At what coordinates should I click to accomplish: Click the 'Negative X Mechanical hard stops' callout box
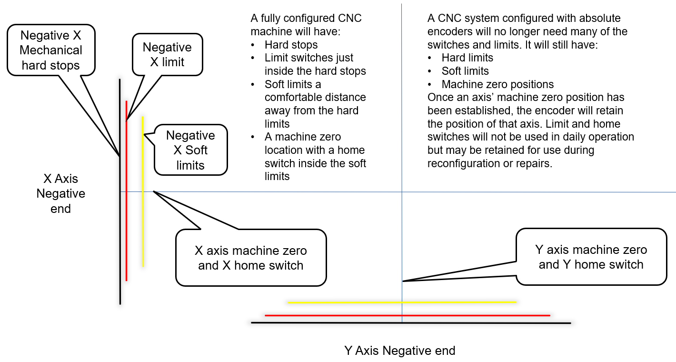(51, 50)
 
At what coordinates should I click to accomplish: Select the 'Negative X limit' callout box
(167, 54)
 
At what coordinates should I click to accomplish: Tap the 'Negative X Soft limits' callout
(190, 150)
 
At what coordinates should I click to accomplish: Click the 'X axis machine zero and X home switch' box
(251, 258)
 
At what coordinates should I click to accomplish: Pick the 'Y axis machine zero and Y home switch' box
(591, 257)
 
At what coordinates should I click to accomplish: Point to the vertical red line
(126, 214)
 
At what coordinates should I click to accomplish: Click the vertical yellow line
(142, 214)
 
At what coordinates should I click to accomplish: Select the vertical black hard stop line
(120, 238)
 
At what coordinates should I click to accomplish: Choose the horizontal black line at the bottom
(333, 323)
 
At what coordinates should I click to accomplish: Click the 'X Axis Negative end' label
(60, 193)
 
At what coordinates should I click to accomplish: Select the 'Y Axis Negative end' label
(399, 351)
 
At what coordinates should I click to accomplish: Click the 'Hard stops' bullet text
(291, 45)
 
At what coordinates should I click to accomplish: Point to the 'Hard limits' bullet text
(467, 58)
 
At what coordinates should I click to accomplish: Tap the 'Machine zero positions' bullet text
(497, 84)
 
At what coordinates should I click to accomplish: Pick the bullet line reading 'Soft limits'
(465, 71)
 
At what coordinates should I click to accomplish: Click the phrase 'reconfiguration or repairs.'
(490, 163)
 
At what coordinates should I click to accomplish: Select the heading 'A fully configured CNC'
(306, 19)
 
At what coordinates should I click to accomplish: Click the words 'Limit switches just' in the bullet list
(309, 58)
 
